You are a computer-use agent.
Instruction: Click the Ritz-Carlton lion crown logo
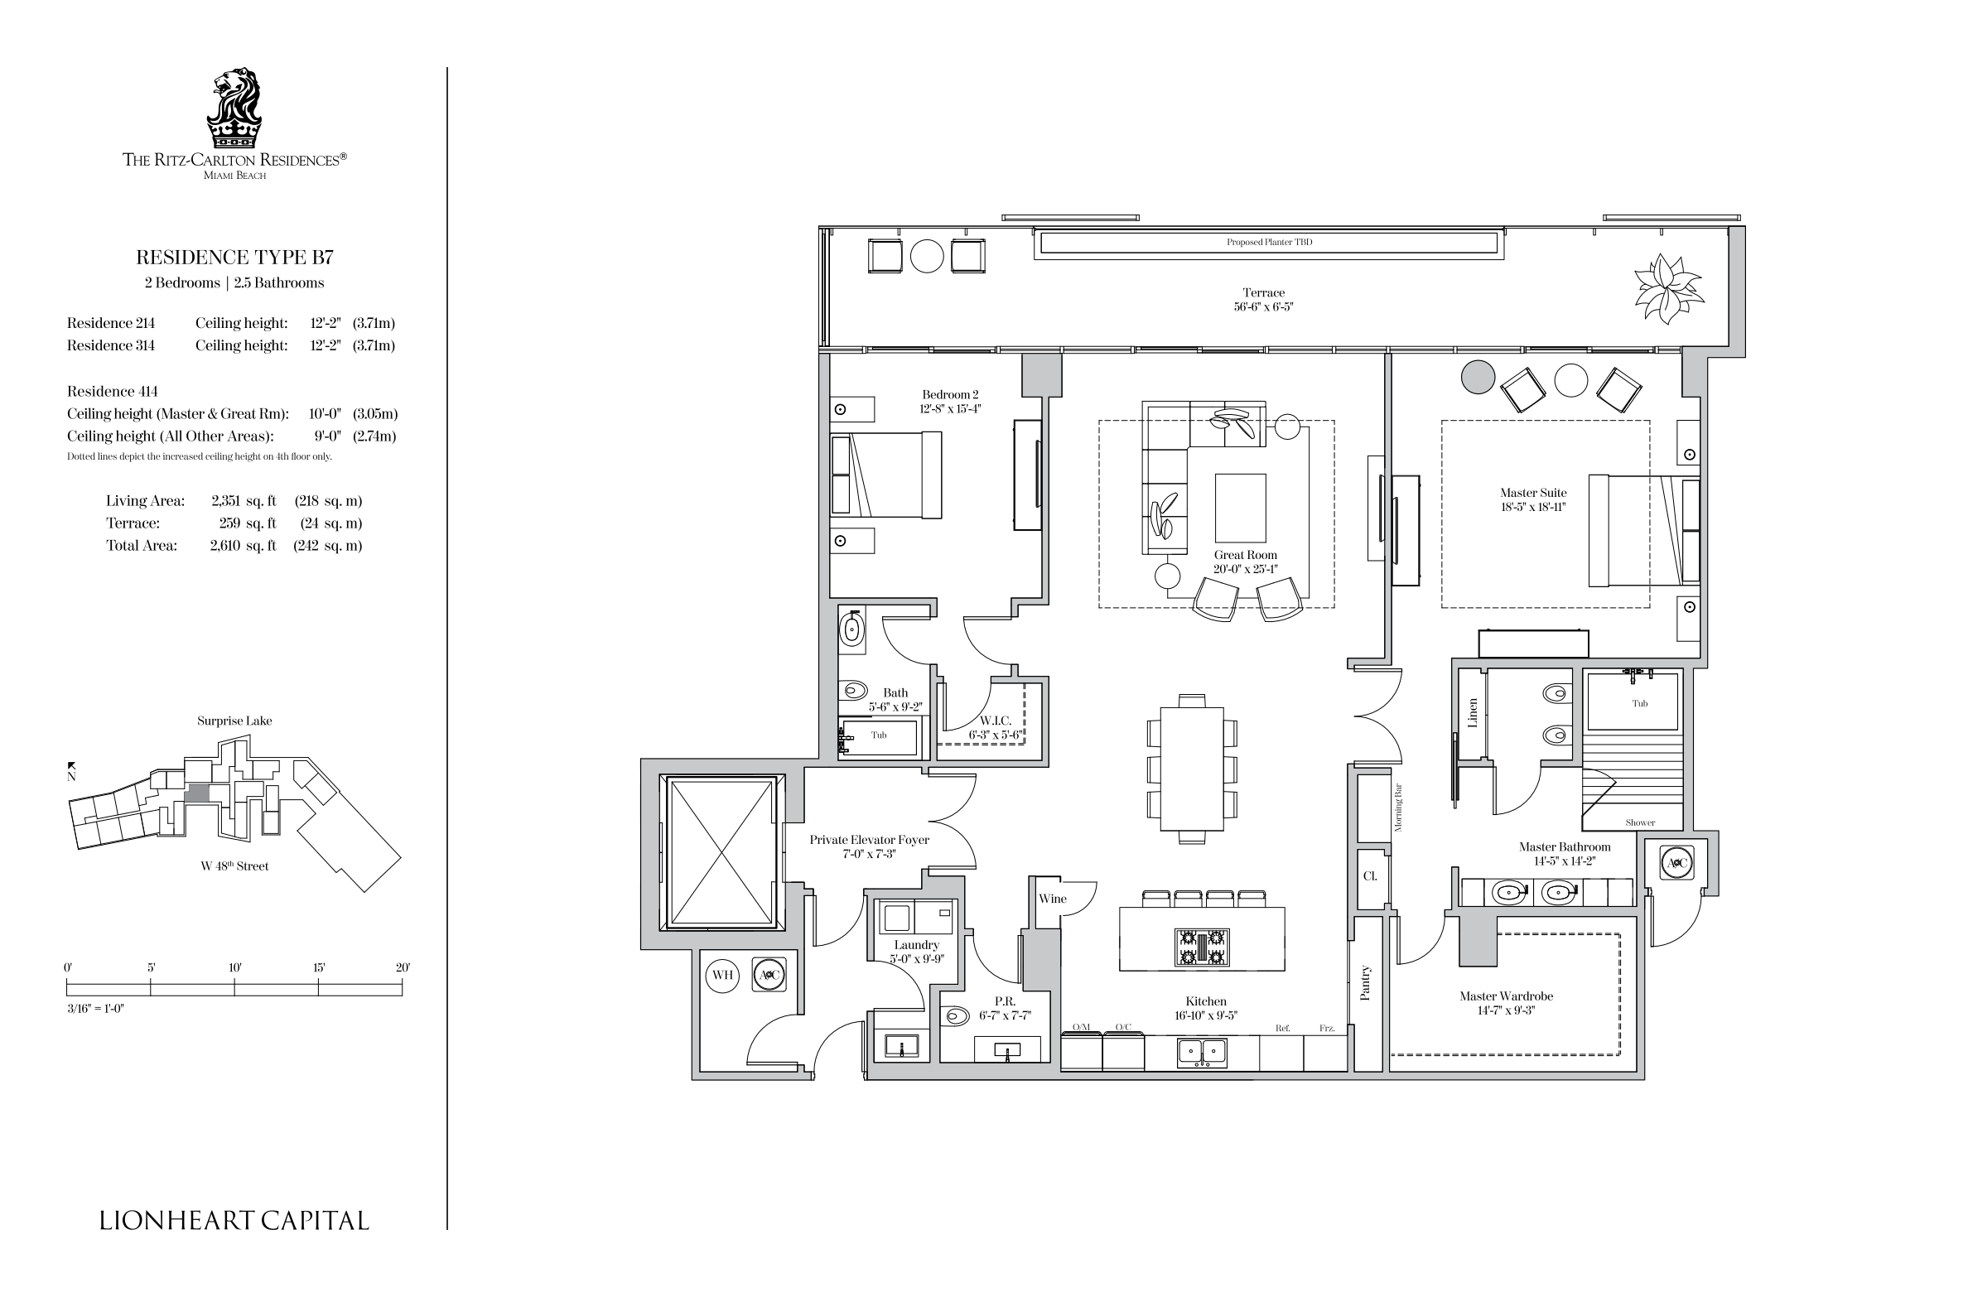click(x=234, y=108)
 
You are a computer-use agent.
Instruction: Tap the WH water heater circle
click(x=723, y=975)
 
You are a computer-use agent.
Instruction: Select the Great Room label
click(x=1246, y=555)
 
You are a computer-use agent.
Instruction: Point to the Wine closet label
click(x=1053, y=899)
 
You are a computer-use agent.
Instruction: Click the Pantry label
click(x=1366, y=983)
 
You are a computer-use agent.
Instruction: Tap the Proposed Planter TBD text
click(x=1269, y=243)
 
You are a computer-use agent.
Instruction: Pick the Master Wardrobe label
click(x=1506, y=996)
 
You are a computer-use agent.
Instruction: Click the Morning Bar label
click(x=1398, y=808)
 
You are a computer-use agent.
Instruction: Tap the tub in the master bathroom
click(x=1633, y=700)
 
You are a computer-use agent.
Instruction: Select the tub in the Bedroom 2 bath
click(x=879, y=737)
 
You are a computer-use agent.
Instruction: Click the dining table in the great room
click(x=1192, y=769)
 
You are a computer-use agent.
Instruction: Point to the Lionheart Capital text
click(x=234, y=1220)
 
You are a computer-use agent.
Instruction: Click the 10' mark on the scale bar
click(x=235, y=987)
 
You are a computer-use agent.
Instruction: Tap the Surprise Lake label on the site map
click(x=234, y=721)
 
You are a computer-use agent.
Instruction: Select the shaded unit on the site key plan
click(x=197, y=793)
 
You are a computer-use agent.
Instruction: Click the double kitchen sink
click(x=1202, y=1053)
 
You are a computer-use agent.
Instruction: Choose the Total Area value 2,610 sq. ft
click(x=243, y=546)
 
